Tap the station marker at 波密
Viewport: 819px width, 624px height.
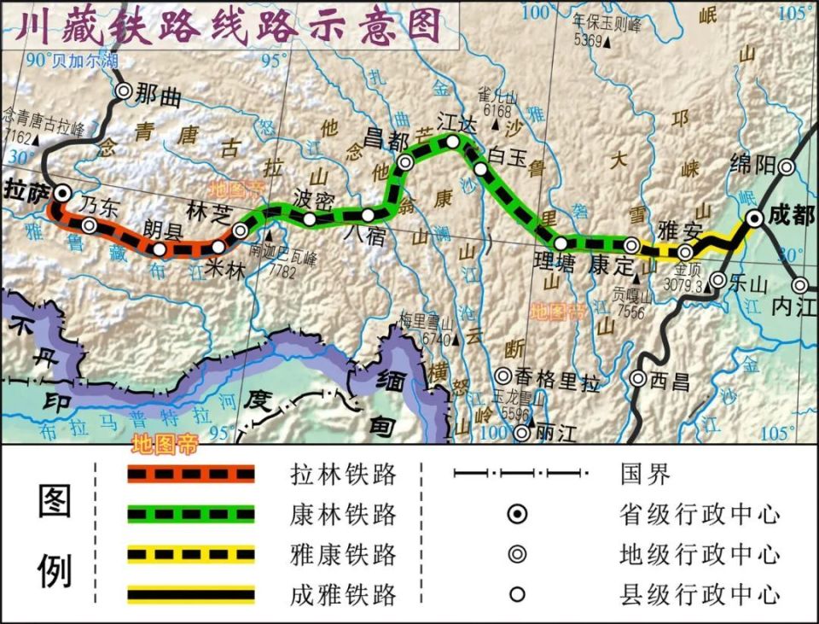310,219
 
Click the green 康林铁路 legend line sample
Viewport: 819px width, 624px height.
191,515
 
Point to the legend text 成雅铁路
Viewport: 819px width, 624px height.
343,594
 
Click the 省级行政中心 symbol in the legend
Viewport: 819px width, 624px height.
518,515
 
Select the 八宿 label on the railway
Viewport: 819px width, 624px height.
365,236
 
